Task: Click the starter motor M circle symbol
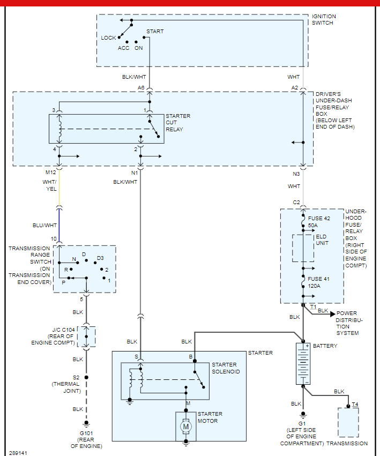186,427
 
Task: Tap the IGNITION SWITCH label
324,20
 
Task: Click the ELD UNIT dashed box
303,248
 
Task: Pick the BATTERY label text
325,346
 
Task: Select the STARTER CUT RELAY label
177,123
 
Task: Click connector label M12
50,173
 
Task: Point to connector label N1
134,173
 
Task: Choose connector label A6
141,87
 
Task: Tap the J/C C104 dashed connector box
86,336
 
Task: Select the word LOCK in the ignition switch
109,38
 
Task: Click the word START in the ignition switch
155,32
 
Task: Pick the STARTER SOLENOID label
226,368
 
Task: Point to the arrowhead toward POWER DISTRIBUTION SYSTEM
332,313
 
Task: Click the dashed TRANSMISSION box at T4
348,422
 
